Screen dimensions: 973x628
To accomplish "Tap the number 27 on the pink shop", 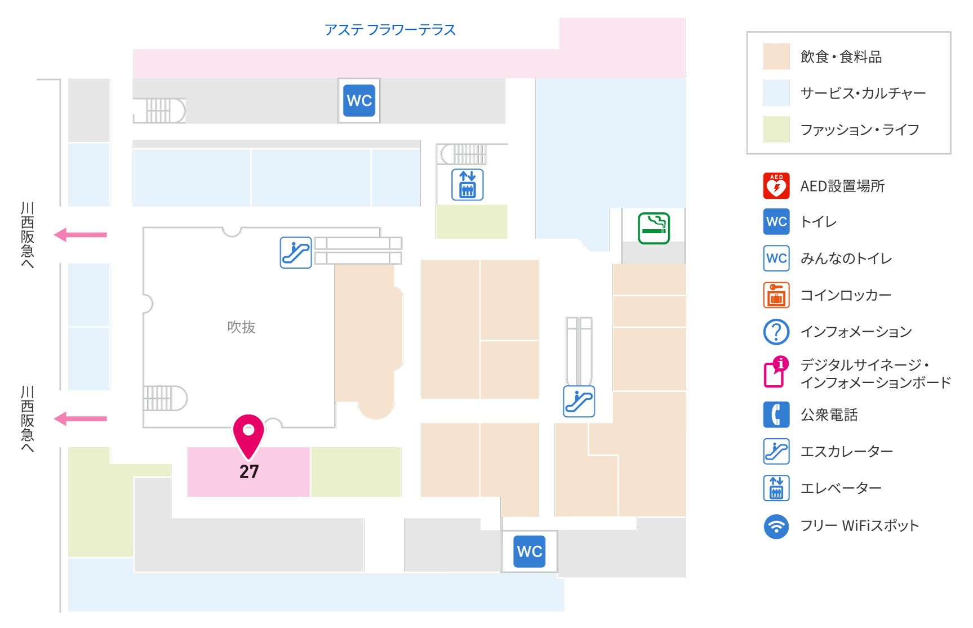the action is pyautogui.click(x=249, y=471).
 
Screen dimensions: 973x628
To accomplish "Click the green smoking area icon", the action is pyautogui.click(x=654, y=228).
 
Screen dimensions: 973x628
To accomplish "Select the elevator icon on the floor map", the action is pyautogui.click(x=468, y=185).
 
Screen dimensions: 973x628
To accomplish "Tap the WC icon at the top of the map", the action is pyautogui.click(x=359, y=101).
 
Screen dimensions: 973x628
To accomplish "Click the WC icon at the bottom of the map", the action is pyautogui.click(x=530, y=551).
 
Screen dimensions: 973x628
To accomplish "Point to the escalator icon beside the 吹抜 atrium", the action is pyautogui.click(x=296, y=252).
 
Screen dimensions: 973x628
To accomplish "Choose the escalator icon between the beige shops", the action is pyautogui.click(x=579, y=401).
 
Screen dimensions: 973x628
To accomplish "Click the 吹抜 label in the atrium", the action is pyautogui.click(x=241, y=327).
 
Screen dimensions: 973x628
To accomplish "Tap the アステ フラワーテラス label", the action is pyautogui.click(x=390, y=29).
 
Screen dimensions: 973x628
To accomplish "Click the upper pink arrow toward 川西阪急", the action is pyautogui.click(x=80, y=234).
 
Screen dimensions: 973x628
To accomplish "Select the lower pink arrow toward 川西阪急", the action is pyautogui.click(x=80, y=418).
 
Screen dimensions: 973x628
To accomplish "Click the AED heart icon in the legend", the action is pyautogui.click(x=776, y=186).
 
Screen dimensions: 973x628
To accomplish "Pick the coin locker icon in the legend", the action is pyautogui.click(x=776, y=295).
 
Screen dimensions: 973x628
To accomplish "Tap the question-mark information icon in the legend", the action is pyautogui.click(x=776, y=332).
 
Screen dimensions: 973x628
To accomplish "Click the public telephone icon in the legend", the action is pyautogui.click(x=776, y=415).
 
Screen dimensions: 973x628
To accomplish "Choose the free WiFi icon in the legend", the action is pyautogui.click(x=776, y=527).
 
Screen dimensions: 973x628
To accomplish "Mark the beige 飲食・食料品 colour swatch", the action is pyautogui.click(x=776, y=56).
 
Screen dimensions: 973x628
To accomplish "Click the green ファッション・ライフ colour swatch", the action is pyautogui.click(x=776, y=130).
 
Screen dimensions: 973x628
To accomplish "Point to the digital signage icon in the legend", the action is pyautogui.click(x=775, y=372).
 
